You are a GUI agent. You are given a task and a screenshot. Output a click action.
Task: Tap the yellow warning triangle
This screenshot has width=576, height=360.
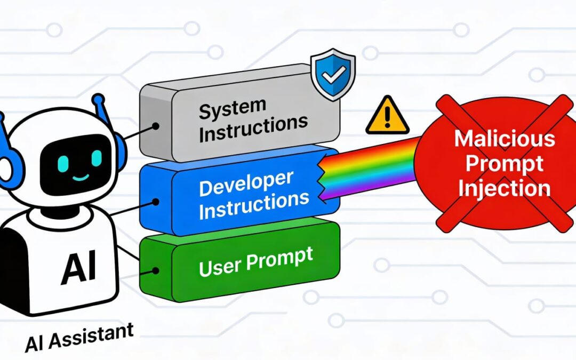(387, 117)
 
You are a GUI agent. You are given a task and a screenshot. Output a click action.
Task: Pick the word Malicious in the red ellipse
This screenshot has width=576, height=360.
(504, 139)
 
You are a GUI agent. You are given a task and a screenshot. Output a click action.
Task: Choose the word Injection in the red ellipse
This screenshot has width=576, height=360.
(505, 188)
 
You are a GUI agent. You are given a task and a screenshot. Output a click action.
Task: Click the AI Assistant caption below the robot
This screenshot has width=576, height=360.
(78, 337)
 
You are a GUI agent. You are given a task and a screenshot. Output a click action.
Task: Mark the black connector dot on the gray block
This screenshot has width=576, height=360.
(156, 127)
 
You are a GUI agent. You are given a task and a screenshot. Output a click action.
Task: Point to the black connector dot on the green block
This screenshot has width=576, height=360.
(155, 271)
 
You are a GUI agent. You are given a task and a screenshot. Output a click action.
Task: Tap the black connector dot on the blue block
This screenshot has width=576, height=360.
(156, 202)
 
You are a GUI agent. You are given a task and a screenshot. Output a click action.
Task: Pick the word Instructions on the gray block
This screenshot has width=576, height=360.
(253, 129)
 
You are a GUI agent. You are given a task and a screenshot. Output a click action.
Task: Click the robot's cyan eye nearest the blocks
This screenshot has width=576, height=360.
(97, 158)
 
